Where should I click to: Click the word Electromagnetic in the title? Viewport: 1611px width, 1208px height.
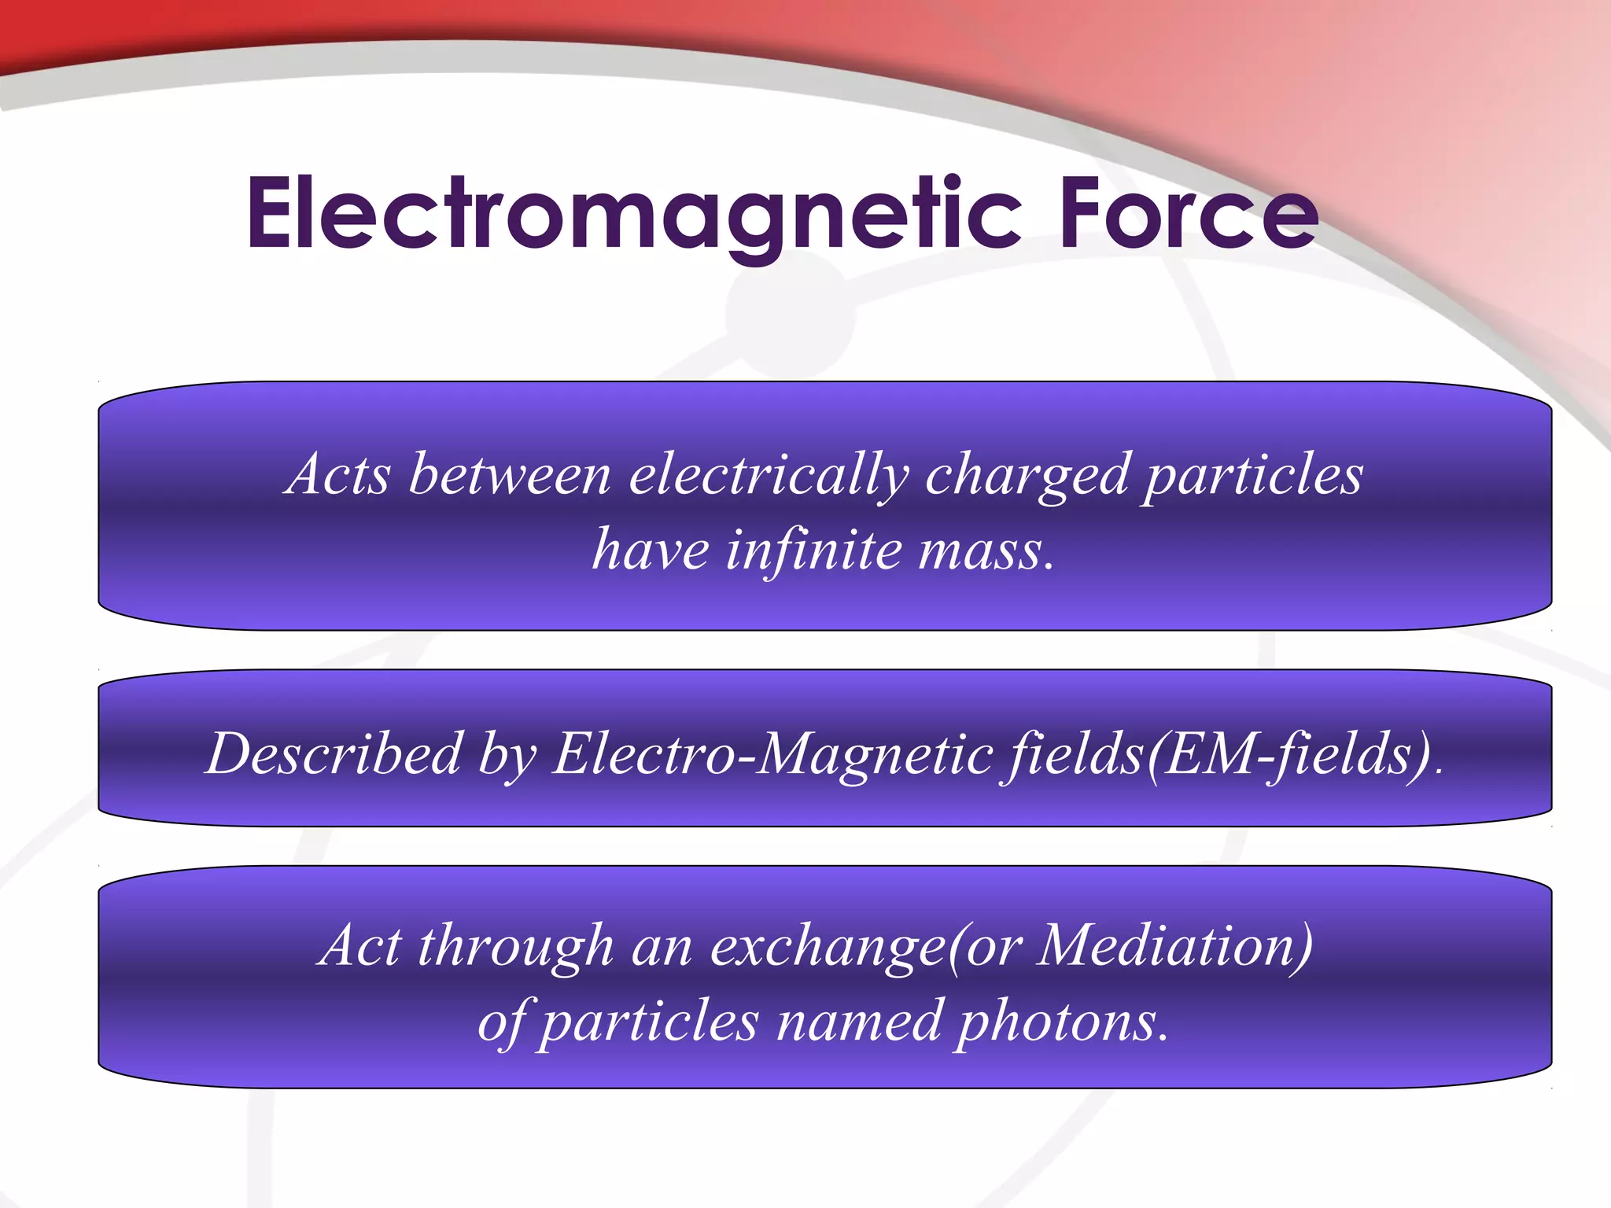633,214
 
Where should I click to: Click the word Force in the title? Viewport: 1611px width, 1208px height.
1187,214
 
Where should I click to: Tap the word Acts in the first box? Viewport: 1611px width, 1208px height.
338,475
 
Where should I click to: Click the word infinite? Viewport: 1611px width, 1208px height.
813,550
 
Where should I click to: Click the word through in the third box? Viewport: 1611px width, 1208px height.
515,946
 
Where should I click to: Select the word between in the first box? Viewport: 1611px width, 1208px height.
510,475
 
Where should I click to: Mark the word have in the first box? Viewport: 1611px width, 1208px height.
651,550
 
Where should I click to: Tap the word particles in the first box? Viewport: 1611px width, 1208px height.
1252,477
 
